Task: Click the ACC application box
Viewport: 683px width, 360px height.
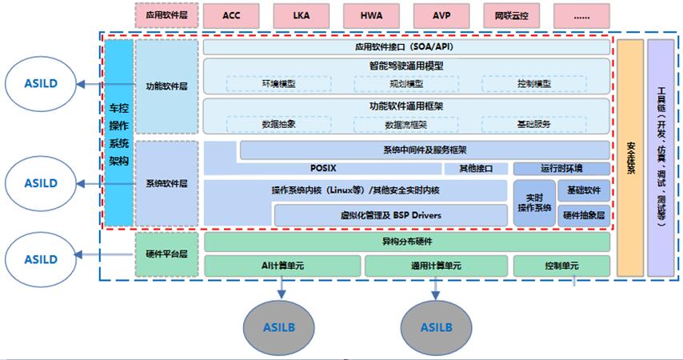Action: pos(232,14)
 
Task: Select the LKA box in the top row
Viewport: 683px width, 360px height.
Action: pos(302,14)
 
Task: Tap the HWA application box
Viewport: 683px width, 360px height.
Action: pos(371,14)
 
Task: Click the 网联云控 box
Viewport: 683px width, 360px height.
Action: pos(512,14)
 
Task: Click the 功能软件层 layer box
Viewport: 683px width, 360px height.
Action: pos(166,86)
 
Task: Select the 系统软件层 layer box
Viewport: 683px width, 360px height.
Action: pos(166,183)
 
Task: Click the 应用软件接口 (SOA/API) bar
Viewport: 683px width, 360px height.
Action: pos(406,47)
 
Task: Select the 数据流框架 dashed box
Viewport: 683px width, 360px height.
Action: pos(405,125)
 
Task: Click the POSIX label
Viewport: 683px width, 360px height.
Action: pos(325,169)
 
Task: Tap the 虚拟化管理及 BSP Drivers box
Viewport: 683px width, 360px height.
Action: pos(390,215)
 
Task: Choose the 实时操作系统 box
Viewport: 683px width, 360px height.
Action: pos(533,202)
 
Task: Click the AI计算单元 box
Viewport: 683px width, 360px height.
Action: pos(281,266)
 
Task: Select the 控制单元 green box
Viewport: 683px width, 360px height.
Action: pos(561,266)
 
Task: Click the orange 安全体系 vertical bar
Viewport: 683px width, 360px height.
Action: pos(630,158)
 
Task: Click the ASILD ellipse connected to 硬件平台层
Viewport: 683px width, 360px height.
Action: pos(40,259)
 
